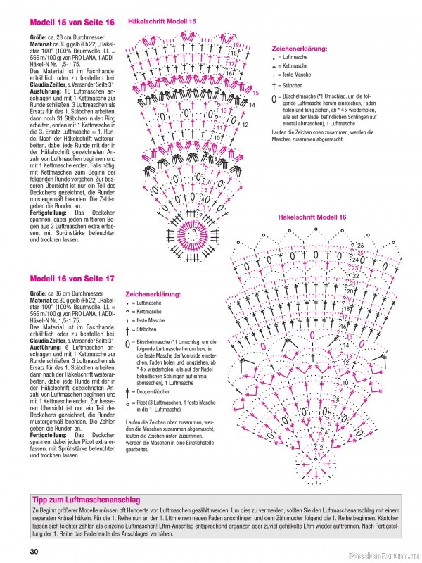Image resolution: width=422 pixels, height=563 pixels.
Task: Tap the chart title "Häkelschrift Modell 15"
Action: click(162, 22)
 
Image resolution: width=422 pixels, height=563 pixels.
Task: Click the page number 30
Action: click(34, 551)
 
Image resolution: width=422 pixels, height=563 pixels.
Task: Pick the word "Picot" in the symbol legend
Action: click(143, 403)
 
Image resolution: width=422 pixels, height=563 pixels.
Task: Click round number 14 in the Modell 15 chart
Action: click(251, 104)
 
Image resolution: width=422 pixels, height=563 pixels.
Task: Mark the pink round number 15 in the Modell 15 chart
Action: click(255, 92)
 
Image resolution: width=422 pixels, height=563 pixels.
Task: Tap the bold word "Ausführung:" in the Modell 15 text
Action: click(46, 92)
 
